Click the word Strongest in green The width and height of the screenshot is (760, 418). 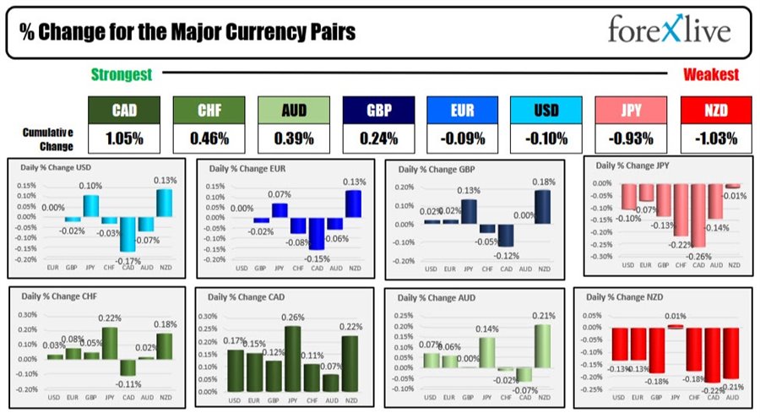(122, 75)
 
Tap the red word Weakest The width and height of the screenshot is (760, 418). (711, 75)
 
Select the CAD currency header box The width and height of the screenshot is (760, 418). (124, 111)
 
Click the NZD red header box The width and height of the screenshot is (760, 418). (715, 111)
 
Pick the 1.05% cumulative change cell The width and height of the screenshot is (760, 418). (124, 138)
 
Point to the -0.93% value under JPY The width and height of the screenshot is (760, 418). (631, 138)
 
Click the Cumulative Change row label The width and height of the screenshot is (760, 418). (46, 138)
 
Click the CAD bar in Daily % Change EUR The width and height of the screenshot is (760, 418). (317, 233)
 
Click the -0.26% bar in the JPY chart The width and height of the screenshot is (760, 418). (697, 214)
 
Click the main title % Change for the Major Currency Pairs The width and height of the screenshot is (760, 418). (187, 32)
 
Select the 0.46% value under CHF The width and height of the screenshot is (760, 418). (209, 138)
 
